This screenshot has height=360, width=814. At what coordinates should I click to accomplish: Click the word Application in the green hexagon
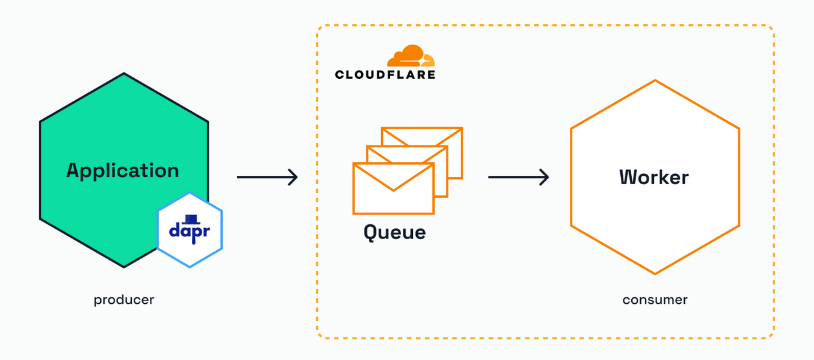[x=123, y=171]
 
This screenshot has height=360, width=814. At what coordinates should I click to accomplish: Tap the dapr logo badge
[x=189, y=230]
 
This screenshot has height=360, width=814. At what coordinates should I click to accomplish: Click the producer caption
[x=124, y=300]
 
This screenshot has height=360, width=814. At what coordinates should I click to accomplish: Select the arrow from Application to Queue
[x=267, y=176]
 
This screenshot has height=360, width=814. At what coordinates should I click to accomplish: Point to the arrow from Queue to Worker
[x=518, y=176]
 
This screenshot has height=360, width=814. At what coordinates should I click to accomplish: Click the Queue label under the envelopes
[x=395, y=231]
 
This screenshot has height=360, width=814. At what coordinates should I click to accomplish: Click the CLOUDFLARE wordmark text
[x=385, y=75]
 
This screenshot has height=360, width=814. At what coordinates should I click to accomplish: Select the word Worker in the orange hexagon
[x=654, y=177]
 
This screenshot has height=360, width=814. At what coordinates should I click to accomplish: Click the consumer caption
[x=655, y=300]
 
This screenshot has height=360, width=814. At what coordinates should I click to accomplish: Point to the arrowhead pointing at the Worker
[x=545, y=176]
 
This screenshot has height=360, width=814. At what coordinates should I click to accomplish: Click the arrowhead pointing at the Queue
[x=293, y=176]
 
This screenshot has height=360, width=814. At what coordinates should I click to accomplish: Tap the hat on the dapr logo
[x=190, y=219]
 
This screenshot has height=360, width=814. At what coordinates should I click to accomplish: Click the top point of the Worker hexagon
[x=655, y=81]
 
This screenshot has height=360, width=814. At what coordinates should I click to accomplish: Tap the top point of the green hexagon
[x=123, y=74]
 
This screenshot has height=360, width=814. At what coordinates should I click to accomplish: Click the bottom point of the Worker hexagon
[x=655, y=273]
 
